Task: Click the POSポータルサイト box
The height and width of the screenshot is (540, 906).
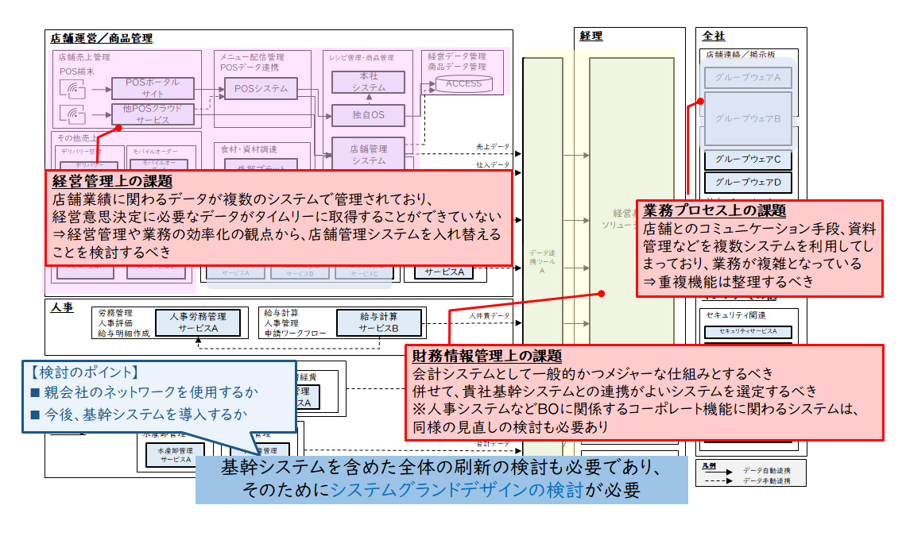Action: [152, 87]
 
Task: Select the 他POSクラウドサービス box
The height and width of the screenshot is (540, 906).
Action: [152, 114]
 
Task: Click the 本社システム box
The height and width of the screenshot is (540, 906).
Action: [368, 83]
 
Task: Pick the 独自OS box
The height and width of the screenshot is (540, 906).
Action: [368, 115]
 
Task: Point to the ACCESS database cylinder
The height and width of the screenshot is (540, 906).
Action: [464, 83]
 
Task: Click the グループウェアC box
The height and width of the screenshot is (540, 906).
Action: [748, 160]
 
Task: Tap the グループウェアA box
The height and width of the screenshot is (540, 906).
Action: [748, 77]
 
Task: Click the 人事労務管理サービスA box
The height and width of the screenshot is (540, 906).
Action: [198, 322]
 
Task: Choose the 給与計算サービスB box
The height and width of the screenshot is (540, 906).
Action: [378, 322]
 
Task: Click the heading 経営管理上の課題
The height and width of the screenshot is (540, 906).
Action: [112, 182]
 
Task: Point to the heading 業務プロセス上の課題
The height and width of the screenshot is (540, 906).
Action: [714, 211]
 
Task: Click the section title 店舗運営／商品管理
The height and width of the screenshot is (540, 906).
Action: [101, 38]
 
